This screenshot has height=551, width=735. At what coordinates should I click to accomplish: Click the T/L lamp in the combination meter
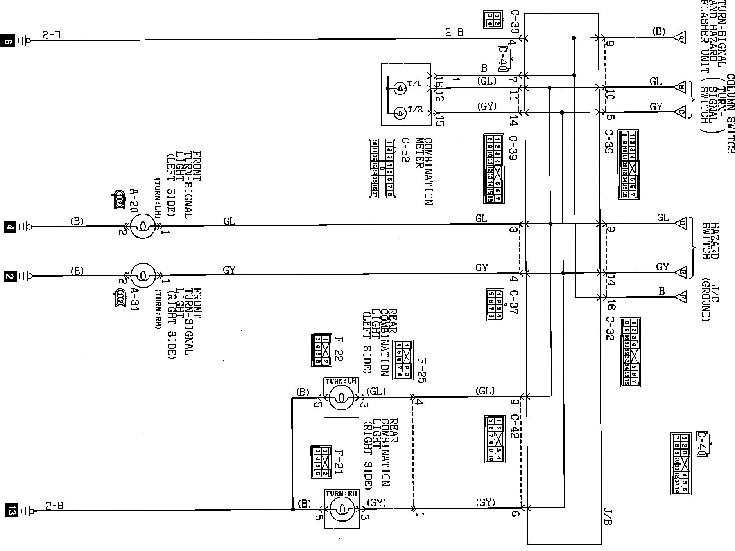[x=399, y=89]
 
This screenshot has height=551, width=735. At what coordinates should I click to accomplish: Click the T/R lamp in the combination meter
[x=399, y=113]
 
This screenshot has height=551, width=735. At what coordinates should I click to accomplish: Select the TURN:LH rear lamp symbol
[x=341, y=398]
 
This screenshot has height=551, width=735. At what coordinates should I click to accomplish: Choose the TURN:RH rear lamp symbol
[x=341, y=509]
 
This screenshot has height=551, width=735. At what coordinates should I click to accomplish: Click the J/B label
[x=608, y=516]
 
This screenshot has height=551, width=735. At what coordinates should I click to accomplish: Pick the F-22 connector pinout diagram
[x=321, y=350]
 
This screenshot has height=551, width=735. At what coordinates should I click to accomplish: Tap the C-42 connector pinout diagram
[x=494, y=439]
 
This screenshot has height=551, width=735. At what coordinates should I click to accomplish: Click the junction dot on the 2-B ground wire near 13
[x=293, y=510]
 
